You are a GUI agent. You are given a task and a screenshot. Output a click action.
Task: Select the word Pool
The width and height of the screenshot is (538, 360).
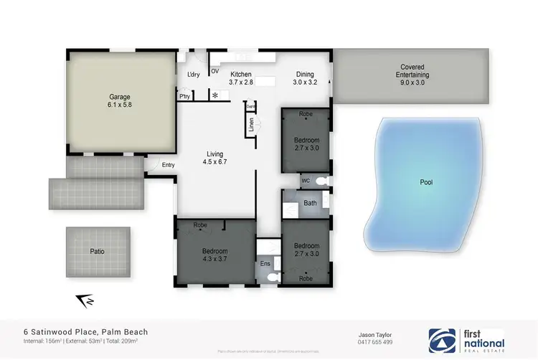pos(426,182)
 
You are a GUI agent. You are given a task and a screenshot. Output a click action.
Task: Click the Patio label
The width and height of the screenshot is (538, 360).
pos(98,252)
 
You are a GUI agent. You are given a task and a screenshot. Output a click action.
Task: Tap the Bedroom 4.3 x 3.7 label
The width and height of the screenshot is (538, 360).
pos(215,255)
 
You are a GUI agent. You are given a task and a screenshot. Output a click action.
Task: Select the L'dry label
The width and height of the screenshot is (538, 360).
pos(193,75)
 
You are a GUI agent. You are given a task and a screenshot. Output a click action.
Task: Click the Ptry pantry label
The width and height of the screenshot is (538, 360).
pos(185,95)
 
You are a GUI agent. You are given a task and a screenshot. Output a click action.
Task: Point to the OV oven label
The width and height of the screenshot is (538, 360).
pos(214,72)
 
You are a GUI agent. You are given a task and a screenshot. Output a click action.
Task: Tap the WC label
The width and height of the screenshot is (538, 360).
pos(305,180)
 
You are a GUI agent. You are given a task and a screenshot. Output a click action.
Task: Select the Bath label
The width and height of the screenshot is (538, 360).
pos(310,203)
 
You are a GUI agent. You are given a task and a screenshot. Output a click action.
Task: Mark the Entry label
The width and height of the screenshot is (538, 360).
pos(168,165)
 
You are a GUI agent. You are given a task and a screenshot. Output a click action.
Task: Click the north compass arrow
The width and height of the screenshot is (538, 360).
pos(84,302)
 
